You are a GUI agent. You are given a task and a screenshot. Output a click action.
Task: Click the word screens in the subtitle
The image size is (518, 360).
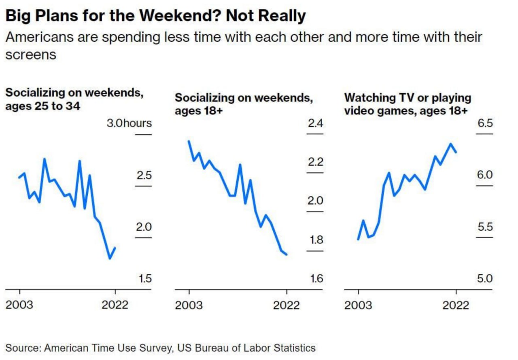[x=31, y=55]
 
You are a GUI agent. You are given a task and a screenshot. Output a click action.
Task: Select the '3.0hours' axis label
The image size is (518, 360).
[x=129, y=123]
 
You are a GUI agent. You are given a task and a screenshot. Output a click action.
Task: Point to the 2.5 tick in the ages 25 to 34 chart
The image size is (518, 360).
[x=143, y=176]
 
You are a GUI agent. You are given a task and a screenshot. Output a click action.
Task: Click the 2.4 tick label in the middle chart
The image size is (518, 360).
[x=315, y=123]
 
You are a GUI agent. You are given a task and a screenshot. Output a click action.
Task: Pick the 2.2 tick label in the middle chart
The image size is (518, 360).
[x=315, y=162]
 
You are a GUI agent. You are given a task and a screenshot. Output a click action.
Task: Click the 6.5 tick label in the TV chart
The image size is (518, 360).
[x=485, y=123]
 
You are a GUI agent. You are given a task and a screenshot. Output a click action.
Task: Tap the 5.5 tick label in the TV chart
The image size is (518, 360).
[x=485, y=227]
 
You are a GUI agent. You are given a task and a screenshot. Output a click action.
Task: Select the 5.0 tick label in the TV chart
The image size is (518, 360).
[x=485, y=279]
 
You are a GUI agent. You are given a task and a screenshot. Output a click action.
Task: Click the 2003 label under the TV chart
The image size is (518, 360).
[x=358, y=305]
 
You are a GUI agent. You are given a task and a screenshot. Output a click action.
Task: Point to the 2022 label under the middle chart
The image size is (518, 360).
[x=286, y=305]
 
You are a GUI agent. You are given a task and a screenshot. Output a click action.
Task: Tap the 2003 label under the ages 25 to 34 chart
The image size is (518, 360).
[x=19, y=305]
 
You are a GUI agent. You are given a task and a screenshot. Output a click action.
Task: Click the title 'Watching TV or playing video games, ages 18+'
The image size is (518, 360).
[x=408, y=104]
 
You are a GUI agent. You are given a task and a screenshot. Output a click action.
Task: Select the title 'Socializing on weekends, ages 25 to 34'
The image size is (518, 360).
[x=74, y=99]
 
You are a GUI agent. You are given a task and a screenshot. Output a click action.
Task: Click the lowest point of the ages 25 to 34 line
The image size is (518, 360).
[x=110, y=258]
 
